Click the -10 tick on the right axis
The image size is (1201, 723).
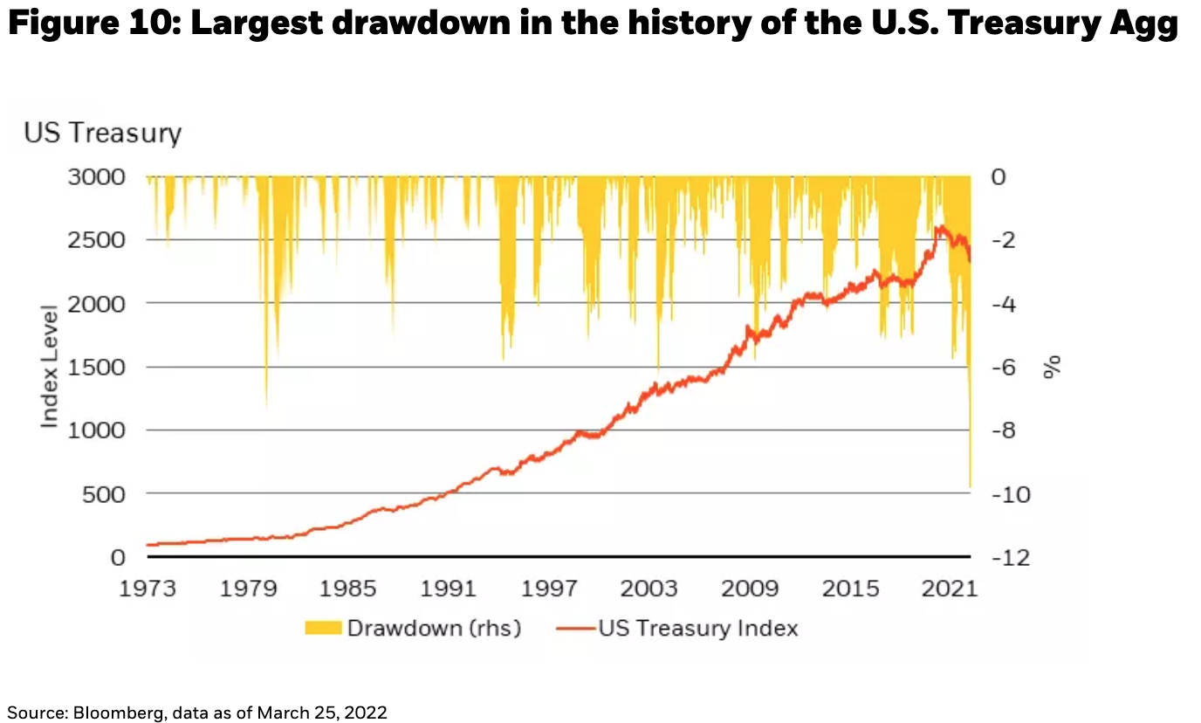(x=1013, y=494)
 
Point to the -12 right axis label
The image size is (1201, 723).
(x=1013, y=557)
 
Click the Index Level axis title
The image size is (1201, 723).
(x=50, y=367)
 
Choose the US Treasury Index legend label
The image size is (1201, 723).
(x=697, y=629)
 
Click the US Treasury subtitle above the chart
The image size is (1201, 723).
(x=102, y=134)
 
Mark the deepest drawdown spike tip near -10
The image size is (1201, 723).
(x=970, y=485)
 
